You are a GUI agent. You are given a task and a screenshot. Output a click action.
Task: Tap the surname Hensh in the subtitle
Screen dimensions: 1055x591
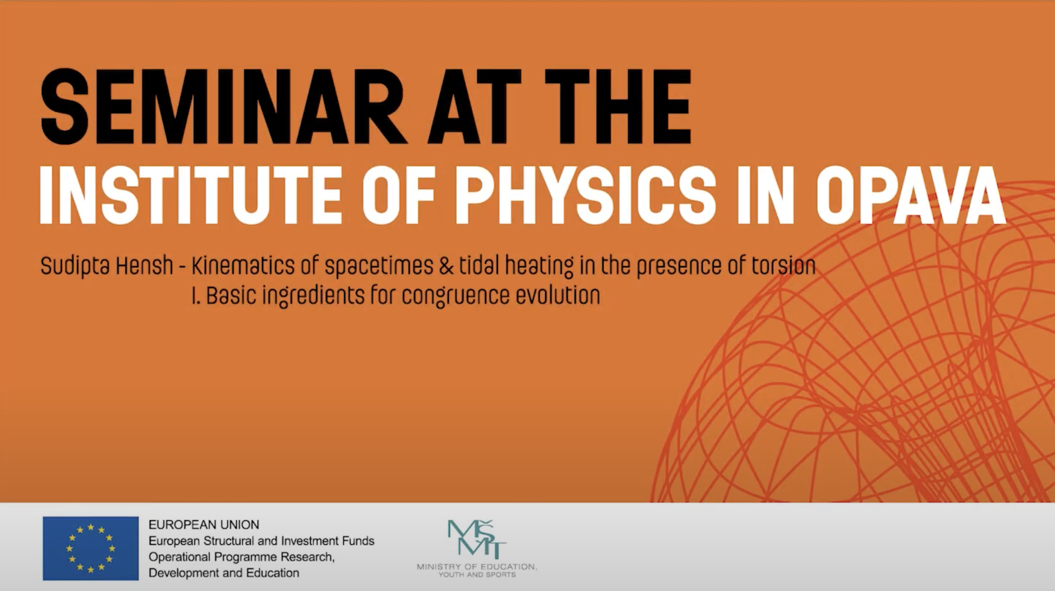coord(144,266)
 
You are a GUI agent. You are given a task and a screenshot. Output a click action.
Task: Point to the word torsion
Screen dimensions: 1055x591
coord(783,266)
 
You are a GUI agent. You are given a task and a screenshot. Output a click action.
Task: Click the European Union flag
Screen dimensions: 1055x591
coord(91,548)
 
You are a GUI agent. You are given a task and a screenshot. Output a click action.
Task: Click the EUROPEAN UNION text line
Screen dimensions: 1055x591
coord(204,525)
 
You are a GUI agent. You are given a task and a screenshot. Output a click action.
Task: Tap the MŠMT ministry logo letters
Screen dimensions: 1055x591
coord(477,539)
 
